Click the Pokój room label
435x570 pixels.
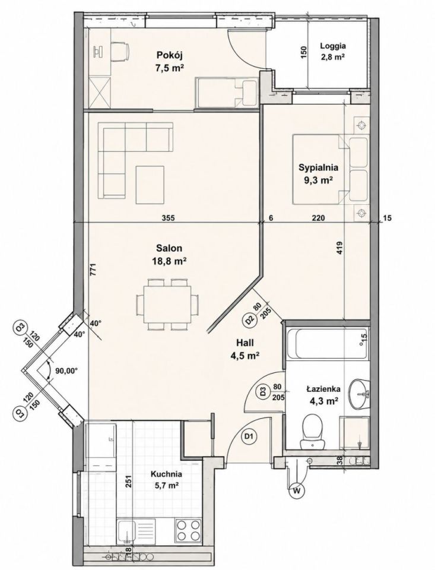169,61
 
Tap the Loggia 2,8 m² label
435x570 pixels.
332,51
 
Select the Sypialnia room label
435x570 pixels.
318,173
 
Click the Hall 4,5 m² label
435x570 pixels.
245,349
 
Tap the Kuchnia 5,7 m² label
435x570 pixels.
166,479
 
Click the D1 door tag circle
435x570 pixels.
250,436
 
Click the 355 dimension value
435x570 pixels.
169,218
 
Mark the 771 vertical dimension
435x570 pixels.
93,270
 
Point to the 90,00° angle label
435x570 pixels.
67,371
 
